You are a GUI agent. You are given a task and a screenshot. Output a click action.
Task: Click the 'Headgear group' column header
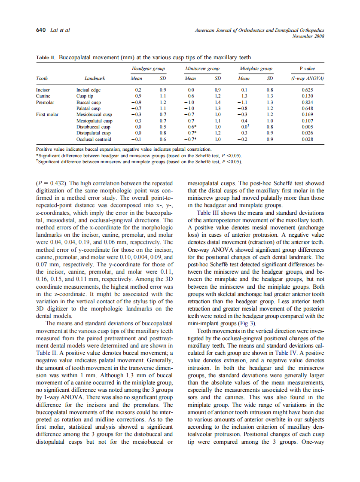pos(148,68)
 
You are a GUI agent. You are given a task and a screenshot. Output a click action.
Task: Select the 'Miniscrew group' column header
pos(202,68)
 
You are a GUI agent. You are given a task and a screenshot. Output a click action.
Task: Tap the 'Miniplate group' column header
pos(256,68)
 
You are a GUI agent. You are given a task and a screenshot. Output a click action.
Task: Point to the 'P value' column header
pos(307,68)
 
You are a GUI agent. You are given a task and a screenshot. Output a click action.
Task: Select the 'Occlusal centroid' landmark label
pos(93,139)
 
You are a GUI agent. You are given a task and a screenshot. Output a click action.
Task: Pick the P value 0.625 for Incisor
pos(307,90)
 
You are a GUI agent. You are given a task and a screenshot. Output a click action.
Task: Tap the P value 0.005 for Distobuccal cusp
pos(307,127)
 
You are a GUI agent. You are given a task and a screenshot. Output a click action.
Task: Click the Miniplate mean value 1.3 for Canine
pos(244,96)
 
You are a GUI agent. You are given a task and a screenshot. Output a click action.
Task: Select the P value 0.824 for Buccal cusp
pos(307,103)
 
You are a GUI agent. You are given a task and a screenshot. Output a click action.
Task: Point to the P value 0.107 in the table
pos(307,121)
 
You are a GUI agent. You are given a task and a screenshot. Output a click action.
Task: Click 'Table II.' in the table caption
pos(46,58)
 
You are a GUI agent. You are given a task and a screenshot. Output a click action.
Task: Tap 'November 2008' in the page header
pos(308,36)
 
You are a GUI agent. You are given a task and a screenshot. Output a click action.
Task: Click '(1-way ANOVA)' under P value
pos(307,79)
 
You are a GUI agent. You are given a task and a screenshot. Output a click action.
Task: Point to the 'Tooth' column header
pos(42,79)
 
